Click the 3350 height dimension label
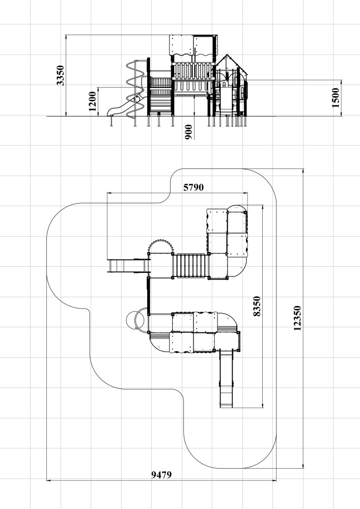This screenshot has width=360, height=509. pos(61,75)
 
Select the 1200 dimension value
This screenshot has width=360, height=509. pos(93,101)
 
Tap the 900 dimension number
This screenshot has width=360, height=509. pos(188,132)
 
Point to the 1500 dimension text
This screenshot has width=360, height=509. pos(336,97)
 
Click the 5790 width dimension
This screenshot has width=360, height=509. pos(193,187)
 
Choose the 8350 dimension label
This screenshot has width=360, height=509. pos(257,306)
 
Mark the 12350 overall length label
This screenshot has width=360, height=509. pos(297,318)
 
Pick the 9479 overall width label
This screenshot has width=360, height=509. pos(161,475)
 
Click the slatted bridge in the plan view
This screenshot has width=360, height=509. pos(190,266)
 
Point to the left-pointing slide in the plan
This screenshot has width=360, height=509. pos(128,266)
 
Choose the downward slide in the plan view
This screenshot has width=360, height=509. pos(227,379)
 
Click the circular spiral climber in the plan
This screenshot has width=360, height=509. pos(135,320)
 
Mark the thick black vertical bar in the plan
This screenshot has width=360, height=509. pos(149,296)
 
